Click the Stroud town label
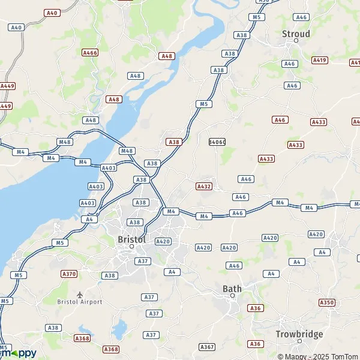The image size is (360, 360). point(296,34)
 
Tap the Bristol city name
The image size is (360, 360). point(132,239)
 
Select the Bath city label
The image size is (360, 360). point(232,289)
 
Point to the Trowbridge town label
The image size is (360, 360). point(299,334)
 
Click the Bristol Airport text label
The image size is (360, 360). point(80,302)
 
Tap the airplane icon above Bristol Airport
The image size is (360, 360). point(80,294)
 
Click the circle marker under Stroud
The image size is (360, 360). point(296,41)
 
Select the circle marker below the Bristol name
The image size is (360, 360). point(132,246)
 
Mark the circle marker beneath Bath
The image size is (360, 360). point(232,296)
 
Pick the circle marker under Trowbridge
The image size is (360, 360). point(299,341)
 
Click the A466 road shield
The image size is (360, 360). point(90,53)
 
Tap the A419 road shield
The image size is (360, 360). point(320,60)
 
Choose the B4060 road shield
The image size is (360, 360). point(217,142)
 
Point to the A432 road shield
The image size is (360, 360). point(204,187)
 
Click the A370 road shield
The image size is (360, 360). point(70,274)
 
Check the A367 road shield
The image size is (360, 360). point(207,347)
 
